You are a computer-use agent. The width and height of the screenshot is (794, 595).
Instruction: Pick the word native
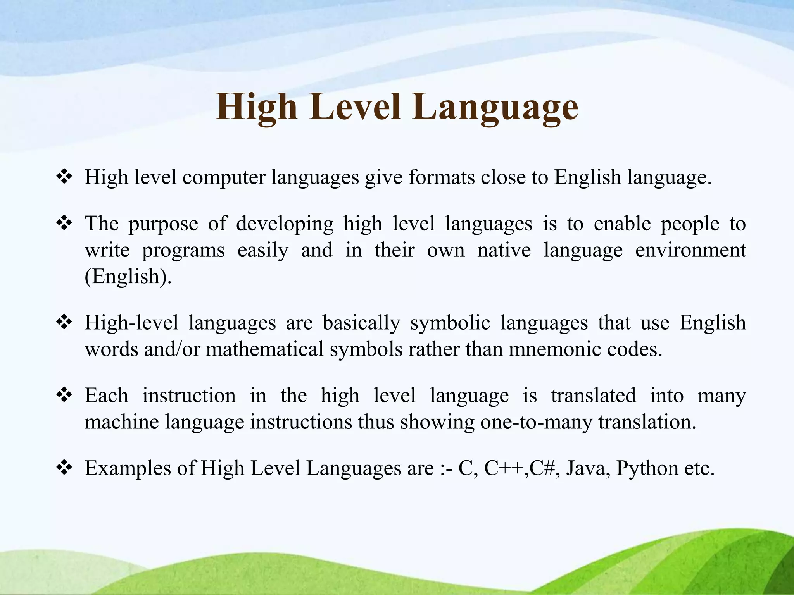point(504,250)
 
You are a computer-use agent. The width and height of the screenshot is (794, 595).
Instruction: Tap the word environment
point(690,250)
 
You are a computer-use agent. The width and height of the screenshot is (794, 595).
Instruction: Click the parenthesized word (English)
point(128,277)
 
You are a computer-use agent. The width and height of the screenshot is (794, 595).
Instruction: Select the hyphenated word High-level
point(131,323)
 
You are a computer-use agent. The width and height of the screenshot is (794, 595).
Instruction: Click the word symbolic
point(450,323)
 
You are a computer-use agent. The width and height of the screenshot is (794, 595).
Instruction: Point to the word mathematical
point(264,349)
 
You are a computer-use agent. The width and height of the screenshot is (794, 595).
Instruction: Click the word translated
point(593,396)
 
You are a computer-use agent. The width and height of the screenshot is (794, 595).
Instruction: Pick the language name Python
point(647,468)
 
